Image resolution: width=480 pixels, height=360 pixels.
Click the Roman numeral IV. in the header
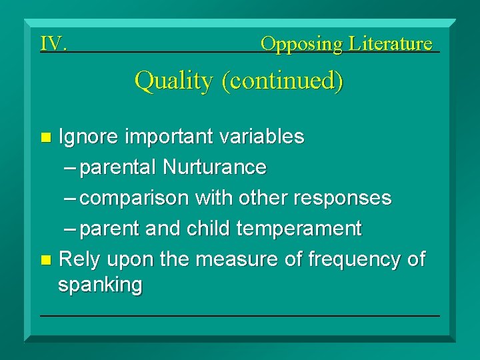pos(53,43)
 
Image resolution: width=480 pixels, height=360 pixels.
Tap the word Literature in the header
pos(390,43)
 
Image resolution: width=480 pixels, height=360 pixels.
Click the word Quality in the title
pos(173,81)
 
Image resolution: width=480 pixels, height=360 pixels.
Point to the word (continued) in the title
pos(282,81)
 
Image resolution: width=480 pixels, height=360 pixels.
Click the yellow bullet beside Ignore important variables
pos(46,137)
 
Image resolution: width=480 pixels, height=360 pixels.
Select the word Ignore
pos(88,137)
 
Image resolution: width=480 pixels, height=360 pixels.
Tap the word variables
pos(262,136)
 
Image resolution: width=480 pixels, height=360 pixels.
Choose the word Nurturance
pos(215,167)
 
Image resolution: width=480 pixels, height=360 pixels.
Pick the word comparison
pos(134,199)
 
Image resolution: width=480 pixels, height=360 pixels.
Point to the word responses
pos(343,199)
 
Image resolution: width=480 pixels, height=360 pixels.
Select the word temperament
pos(299,229)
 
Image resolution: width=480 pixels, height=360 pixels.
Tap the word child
pos(208,228)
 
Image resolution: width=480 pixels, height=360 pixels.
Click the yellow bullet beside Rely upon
pos(46,260)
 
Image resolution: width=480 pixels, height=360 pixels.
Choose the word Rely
pos(79,260)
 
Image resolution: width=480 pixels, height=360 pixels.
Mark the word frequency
pos(355,260)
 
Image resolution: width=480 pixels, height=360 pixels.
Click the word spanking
pos(101,285)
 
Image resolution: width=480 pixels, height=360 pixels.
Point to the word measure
pos(237,259)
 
